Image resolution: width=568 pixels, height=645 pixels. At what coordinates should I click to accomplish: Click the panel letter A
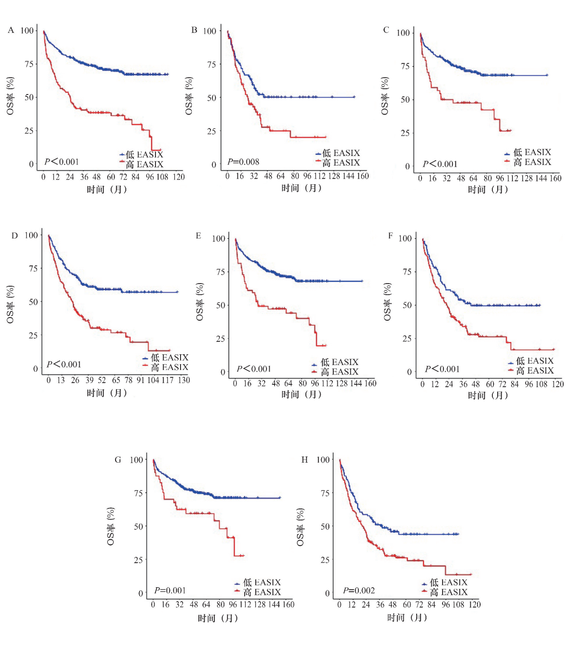click(x=11, y=30)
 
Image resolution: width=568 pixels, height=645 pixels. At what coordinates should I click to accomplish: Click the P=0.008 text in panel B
click(x=243, y=162)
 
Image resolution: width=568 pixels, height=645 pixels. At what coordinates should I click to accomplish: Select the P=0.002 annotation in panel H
click(x=359, y=590)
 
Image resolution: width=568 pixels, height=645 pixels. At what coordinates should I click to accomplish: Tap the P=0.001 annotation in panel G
click(x=170, y=590)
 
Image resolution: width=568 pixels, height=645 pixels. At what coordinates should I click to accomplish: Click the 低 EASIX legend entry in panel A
click(x=142, y=155)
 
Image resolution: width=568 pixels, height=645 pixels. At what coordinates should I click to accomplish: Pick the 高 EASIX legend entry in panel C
click(x=528, y=162)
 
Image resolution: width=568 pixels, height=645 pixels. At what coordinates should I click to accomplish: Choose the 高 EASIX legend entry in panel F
click(x=531, y=371)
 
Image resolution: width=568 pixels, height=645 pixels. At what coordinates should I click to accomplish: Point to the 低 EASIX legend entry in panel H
click(x=445, y=582)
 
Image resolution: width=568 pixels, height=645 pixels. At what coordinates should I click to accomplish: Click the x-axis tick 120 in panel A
click(x=179, y=177)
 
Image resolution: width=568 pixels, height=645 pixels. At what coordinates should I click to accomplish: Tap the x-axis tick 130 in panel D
click(x=184, y=380)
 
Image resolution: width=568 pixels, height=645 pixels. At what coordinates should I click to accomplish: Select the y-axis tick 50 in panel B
click(x=211, y=98)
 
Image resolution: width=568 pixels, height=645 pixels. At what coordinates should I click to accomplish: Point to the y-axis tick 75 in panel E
click(x=220, y=272)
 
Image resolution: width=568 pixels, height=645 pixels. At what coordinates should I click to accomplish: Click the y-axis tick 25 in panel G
click(x=138, y=560)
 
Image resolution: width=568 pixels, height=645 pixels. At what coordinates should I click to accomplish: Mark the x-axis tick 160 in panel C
click(x=555, y=178)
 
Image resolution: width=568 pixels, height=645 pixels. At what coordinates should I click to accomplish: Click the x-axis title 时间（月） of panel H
click(x=407, y=618)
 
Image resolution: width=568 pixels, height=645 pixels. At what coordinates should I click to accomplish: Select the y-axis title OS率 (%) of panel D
click(x=10, y=305)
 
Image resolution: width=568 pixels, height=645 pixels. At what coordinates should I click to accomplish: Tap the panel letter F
click(x=391, y=236)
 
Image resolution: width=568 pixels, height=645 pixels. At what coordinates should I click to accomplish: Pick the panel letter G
click(x=118, y=460)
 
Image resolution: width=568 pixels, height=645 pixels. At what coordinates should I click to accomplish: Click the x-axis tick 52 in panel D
click(x=102, y=380)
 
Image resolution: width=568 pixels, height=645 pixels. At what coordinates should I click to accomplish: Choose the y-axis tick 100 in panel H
click(x=323, y=460)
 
